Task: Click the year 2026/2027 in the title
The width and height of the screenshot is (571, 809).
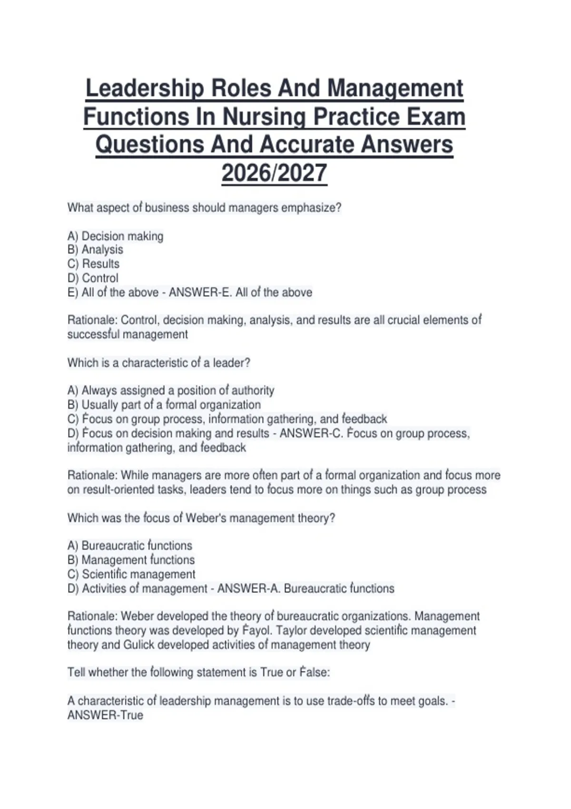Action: (274, 173)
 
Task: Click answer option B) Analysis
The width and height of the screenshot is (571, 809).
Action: (95, 250)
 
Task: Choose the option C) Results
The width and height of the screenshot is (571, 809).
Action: (93, 264)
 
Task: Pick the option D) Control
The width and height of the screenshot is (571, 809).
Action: (93, 278)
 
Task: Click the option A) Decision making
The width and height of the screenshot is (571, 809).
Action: (115, 237)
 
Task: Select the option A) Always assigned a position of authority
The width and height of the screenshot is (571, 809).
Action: (171, 391)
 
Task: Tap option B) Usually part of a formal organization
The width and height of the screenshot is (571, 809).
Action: (164, 405)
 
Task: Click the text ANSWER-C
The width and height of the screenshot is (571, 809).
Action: (310, 434)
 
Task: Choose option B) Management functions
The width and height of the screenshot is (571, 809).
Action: (131, 560)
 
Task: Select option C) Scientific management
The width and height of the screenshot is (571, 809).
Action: (131, 574)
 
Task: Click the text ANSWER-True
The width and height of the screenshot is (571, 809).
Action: (105, 715)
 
